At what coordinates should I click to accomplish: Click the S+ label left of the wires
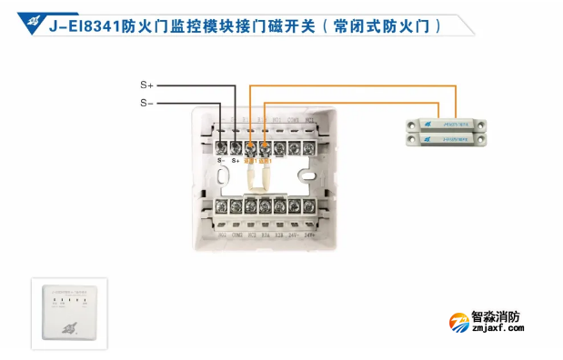pyautogui.click(x=147, y=85)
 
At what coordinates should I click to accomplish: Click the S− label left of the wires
pyautogui.click(x=147, y=103)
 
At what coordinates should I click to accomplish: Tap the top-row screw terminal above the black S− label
pyautogui.click(x=222, y=145)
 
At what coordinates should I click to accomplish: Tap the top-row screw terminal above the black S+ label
pyautogui.click(x=236, y=145)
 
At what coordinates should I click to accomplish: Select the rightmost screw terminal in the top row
pyautogui.click(x=309, y=145)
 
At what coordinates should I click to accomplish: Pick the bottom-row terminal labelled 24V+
pyautogui.click(x=309, y=206)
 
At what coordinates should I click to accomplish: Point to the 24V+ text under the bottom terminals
pyautogui.click(x=309, y=234)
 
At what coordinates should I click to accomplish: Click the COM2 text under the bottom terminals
pyautogui.click(x=237, y=234)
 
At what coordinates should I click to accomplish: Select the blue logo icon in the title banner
pyautogui.click(x=34, y=21)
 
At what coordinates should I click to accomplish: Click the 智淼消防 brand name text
pyautogui.click(x=498, y=318)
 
